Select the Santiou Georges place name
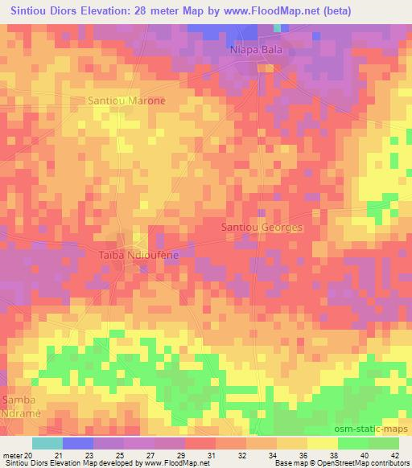point(262,228)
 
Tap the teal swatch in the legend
point(47,442)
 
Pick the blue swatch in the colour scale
point(78,442)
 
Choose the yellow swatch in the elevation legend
point(322,442)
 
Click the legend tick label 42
point(394,456)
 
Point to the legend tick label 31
point(211,456)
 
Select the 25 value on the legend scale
point(119,456)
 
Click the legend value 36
point(303,456)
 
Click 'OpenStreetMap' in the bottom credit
point(328,464)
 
